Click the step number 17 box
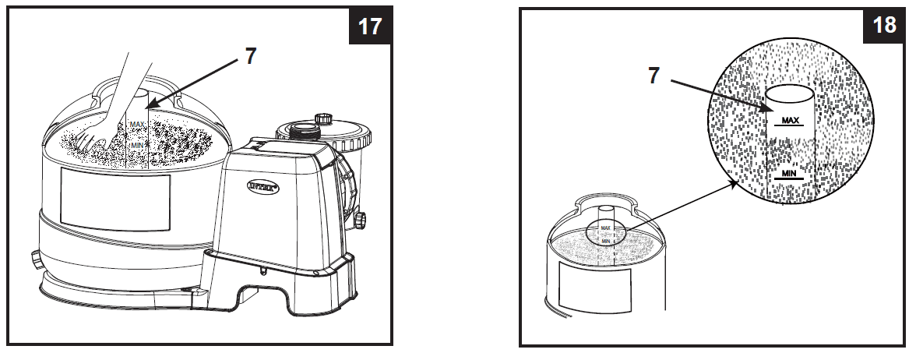point(370,26)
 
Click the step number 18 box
point(884,26)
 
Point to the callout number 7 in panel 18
point(654,76)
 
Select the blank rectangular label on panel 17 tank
point(114,202)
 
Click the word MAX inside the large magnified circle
point(789,121)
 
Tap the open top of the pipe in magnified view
point(789,95)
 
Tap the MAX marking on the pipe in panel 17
point(137,124)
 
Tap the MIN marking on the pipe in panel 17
point(137,144)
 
